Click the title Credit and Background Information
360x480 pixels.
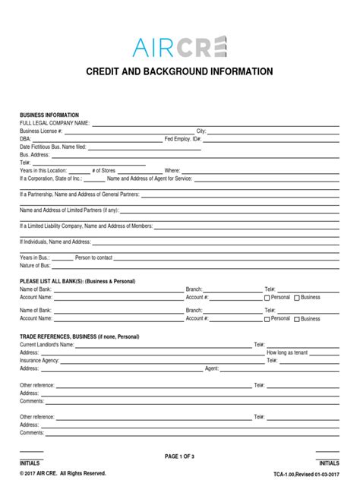point(180,72)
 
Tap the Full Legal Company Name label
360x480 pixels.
point(55,123)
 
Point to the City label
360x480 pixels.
point(201,131)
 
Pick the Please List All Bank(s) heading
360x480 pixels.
point(77,281)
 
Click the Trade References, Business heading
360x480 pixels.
point(79,336)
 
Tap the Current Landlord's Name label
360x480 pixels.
point(47,344)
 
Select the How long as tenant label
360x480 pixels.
point(286,352)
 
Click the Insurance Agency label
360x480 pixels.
point(39,360)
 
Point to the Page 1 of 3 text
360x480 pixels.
point(180,456)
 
